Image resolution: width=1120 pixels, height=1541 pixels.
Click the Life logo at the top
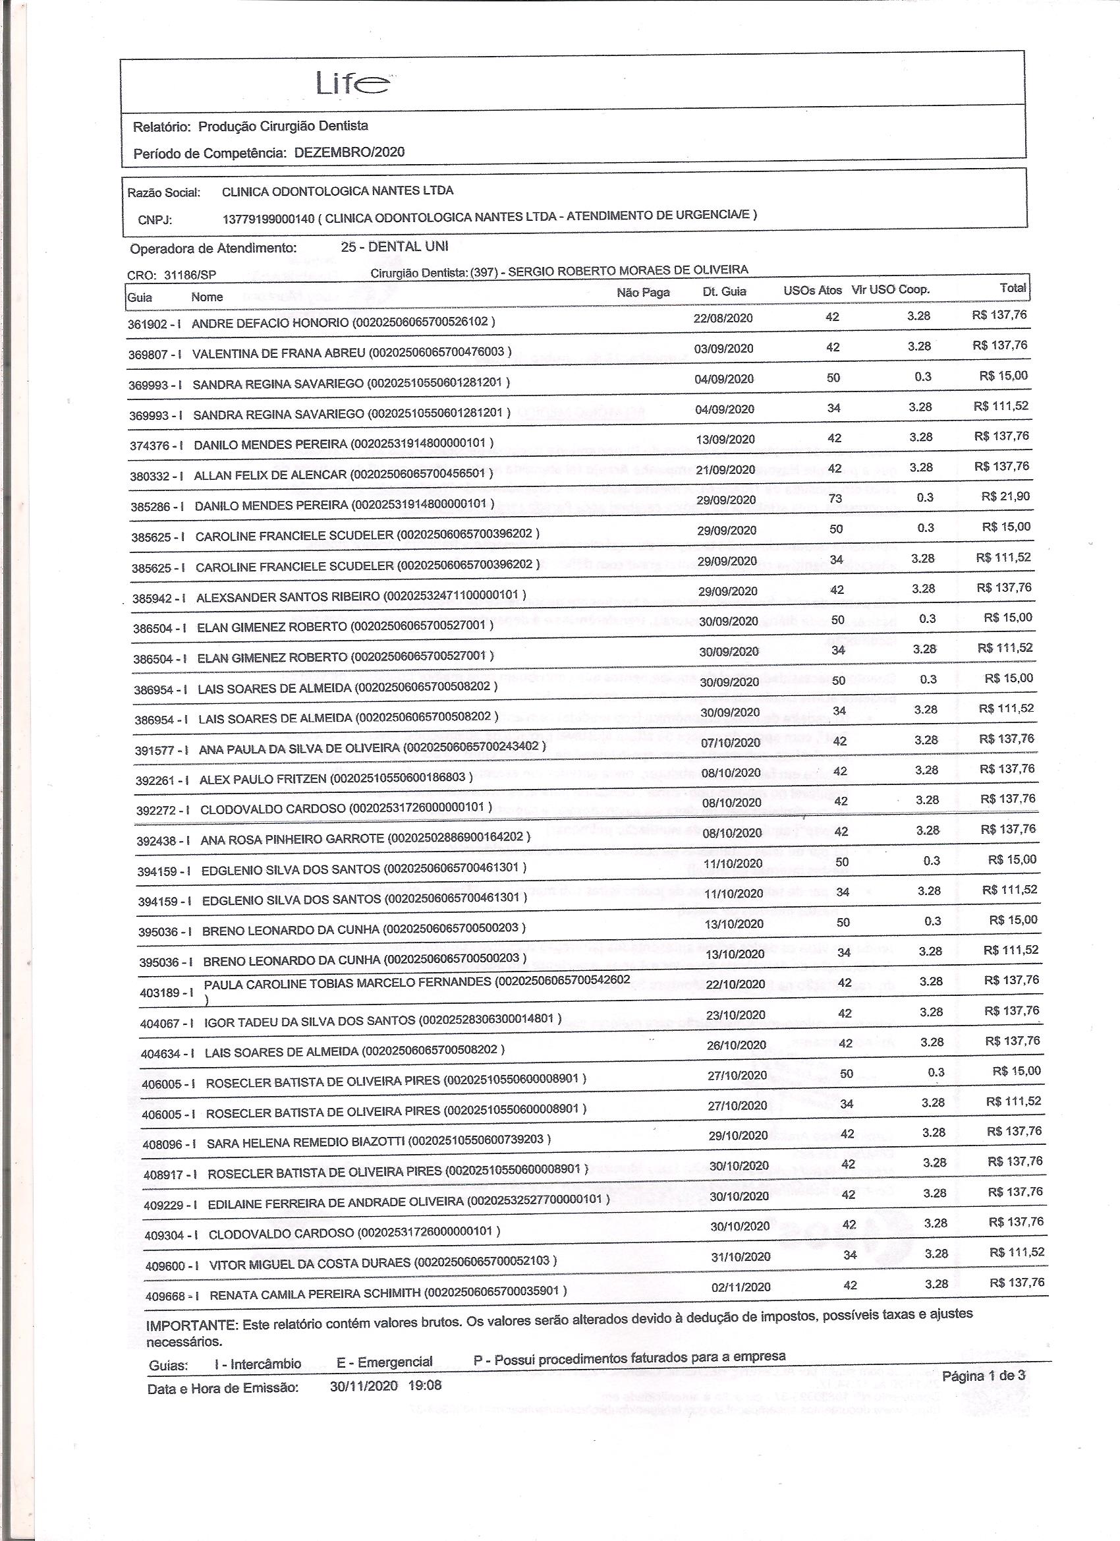[x=352, y=84]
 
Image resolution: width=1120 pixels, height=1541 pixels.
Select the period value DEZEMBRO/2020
[x=349, y=152]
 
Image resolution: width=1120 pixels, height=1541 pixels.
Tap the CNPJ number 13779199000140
[x=268, y=218]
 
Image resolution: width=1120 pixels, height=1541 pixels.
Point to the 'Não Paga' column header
[x=642, y=292]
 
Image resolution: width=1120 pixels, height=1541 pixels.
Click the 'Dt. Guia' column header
[x=724, y=291]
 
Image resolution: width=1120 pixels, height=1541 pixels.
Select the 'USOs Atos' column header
[x=812, y=290]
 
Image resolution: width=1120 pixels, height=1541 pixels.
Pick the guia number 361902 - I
[x=154, y=324]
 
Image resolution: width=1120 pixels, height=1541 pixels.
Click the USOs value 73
[x=835, y=498]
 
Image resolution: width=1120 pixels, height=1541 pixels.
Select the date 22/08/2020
[x=723, y=318]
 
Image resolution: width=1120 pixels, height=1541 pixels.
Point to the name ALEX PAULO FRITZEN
[x=262, y=779]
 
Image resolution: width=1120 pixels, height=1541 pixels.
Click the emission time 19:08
[x=424, y=1385]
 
